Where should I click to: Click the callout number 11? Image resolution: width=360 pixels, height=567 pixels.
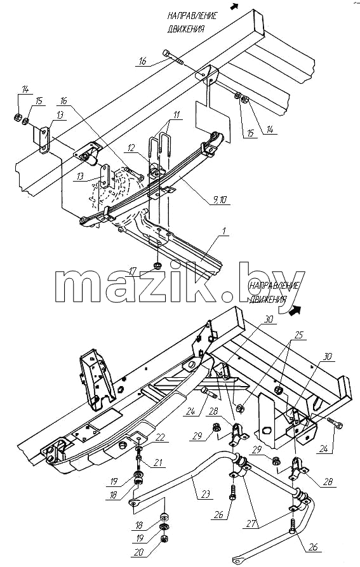click(x=177, y=115)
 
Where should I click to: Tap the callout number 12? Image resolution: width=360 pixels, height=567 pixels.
click(x=131, y=147)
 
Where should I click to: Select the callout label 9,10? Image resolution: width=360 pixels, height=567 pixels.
click(x=221, y=199)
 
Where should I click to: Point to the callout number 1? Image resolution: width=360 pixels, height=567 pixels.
click(x=225, y=232)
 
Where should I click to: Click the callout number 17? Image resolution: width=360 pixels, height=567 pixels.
click(x=133, y=270)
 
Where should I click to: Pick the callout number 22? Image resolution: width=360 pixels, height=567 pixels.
click(x=160, y=437)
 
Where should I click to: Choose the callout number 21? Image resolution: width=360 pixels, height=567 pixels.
click(x=158, y=462)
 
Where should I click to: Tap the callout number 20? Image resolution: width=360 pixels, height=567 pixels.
click(x=139, y=552)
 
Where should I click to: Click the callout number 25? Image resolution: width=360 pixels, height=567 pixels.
click(x=298, y=335)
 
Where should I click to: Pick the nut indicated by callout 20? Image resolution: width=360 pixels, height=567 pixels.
click(x=163, y=539)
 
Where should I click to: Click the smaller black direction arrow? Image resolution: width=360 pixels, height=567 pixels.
click(x=235, y=6)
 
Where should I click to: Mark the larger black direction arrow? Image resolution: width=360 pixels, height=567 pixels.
click(x=296, y=309)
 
